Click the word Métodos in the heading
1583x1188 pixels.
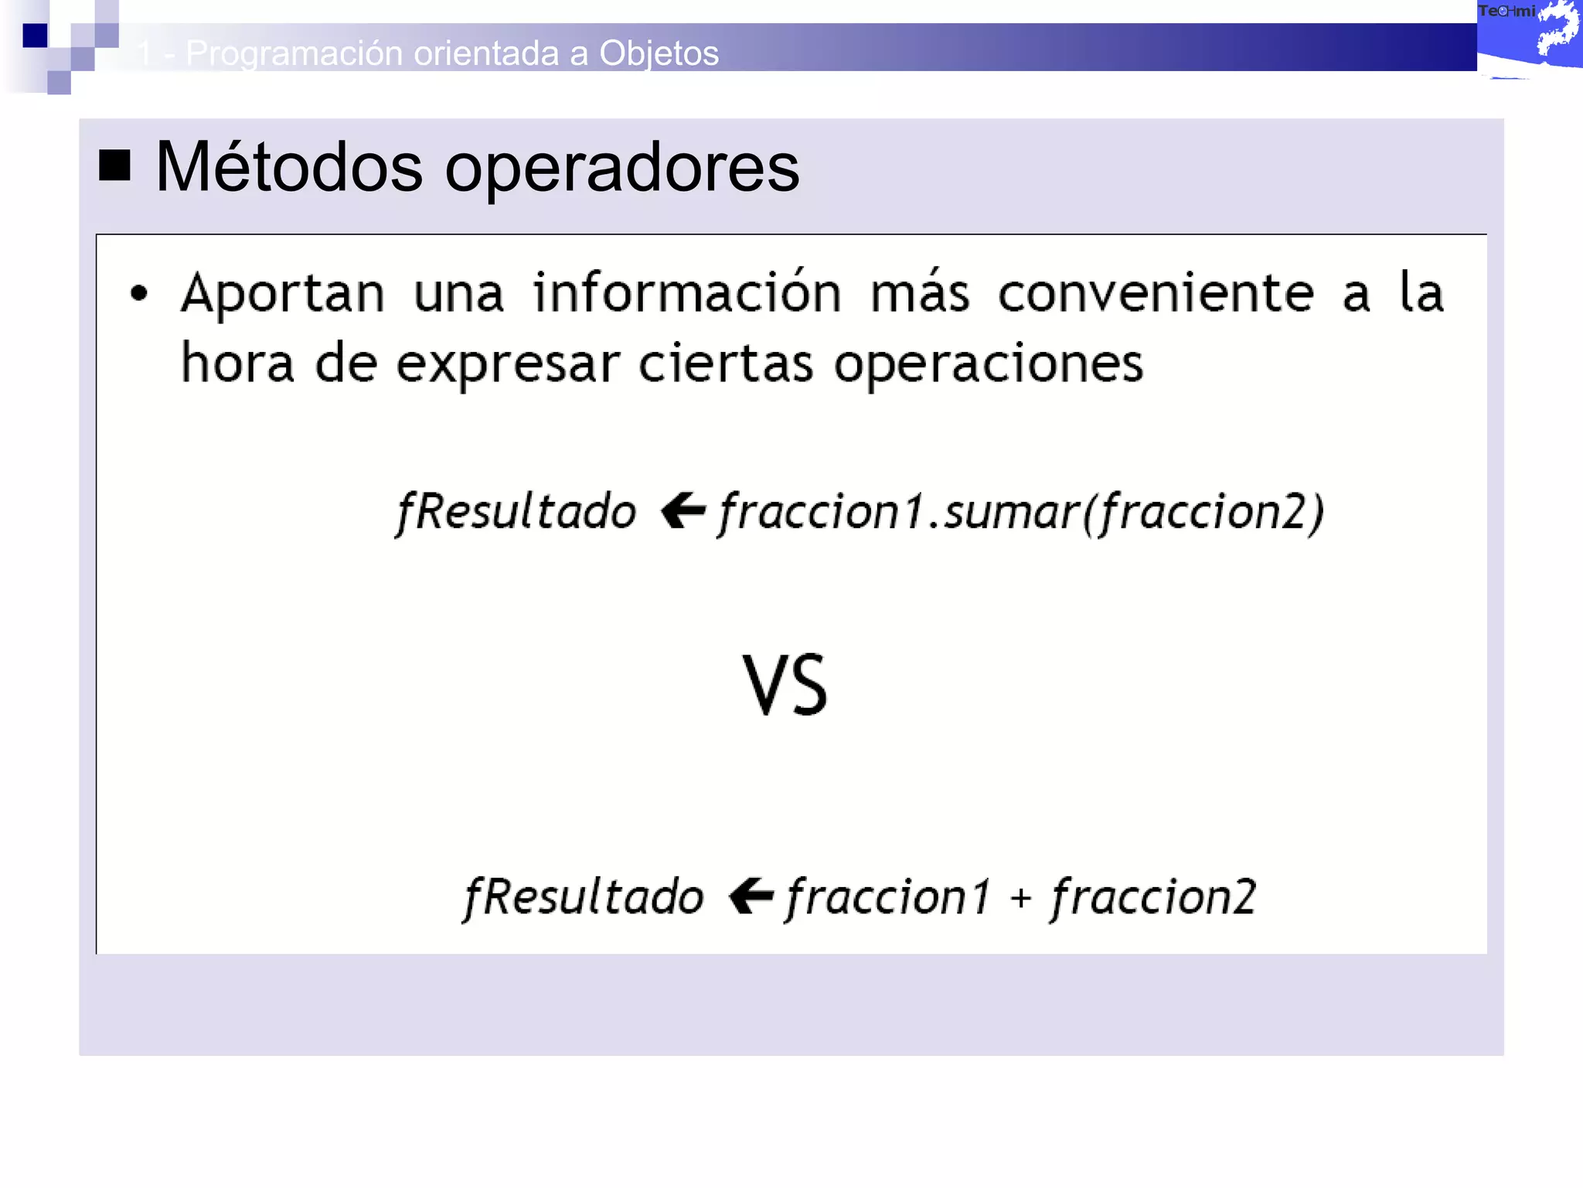[x=288, y=168]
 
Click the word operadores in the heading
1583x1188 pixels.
[x=621, y=169]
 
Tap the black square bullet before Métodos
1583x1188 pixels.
[x=114, y=166]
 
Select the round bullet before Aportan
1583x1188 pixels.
[x=139, y=294]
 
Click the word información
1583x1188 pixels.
[x=687, y=293]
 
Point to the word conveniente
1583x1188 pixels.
[x=1156, y=293]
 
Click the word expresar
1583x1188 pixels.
[x=508, y=364]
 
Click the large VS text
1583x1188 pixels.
[x=785, y=685]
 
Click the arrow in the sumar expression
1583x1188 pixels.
[x=683, y=511]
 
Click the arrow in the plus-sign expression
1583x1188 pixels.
[x=751, y=896]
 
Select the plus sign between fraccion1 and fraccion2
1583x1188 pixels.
[x=1021, y=898]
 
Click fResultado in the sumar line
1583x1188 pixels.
[x=516, y=512]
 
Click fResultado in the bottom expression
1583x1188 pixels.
[x=584, y=897]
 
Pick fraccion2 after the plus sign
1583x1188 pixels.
[x=1153, y=897]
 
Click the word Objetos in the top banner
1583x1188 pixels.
[x=659, y=53]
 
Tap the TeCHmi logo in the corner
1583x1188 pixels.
[x=1528, y=35]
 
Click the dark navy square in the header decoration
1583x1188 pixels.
[x=35, y=36]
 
